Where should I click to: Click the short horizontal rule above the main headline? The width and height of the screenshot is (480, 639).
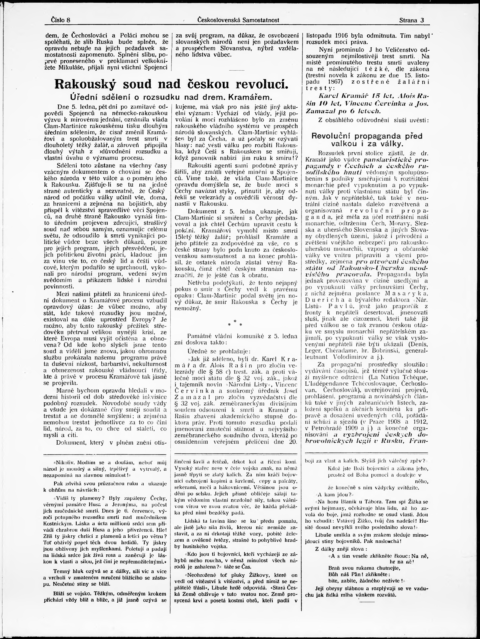click(236, 70)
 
